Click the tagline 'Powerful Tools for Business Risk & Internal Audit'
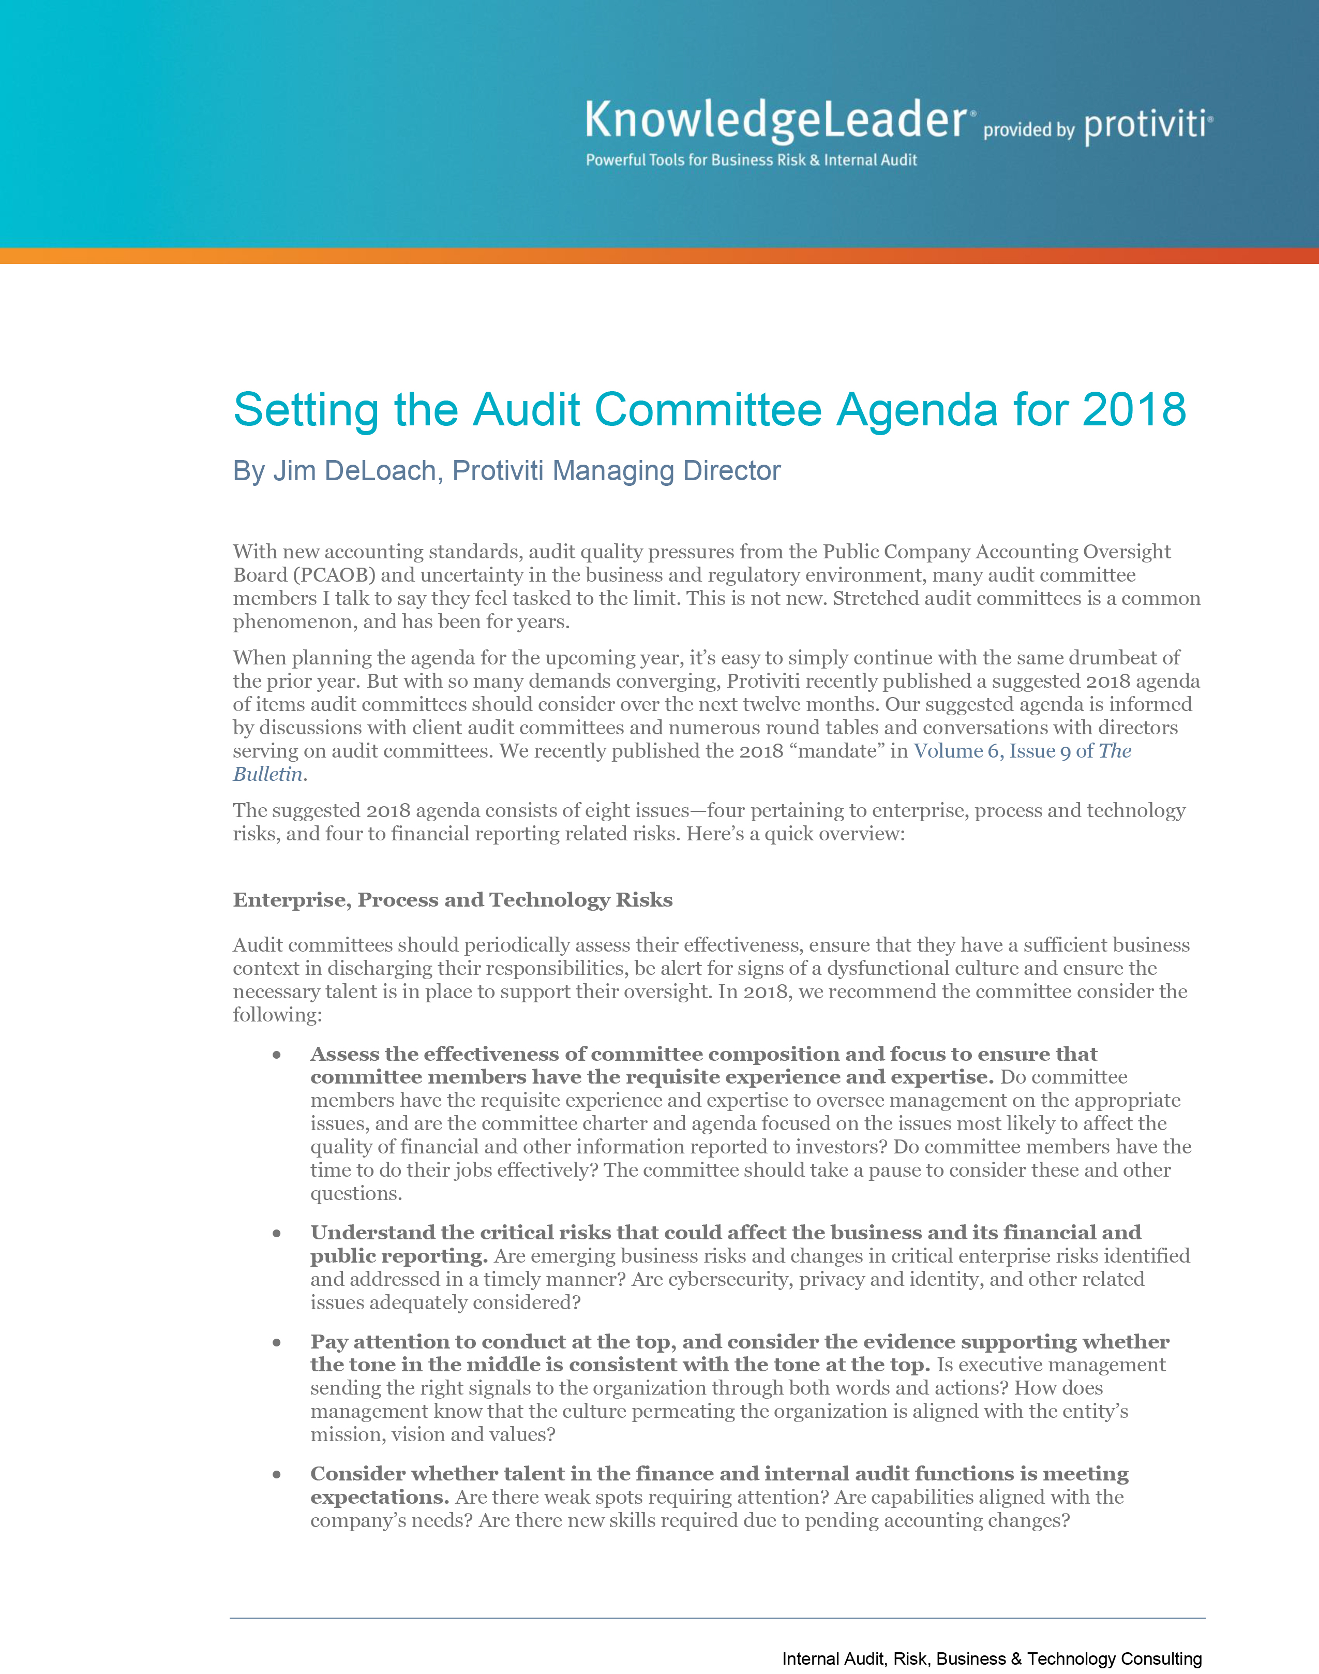point(751,160)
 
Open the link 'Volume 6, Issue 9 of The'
point(1022,751)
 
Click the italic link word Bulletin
point(267,774)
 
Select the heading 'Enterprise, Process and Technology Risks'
point(453,900)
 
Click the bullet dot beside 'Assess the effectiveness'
point(276,1055)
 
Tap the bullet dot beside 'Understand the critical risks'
point(276,1234)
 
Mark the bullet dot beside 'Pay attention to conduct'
point(276,1343)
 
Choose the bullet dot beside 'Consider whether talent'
point(276,1475)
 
